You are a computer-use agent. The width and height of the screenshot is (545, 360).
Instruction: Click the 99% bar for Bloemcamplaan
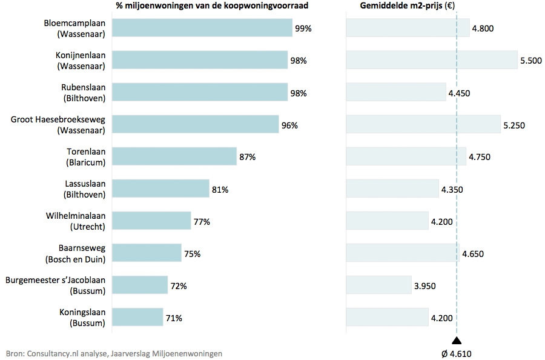coord(202,28)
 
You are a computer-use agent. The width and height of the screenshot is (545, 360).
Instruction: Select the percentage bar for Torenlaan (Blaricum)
coord(174,156)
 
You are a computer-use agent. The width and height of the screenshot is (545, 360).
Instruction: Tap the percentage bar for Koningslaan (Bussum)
coord(137,317)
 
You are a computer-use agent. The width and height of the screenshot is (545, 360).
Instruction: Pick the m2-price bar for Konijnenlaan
coord(431,60)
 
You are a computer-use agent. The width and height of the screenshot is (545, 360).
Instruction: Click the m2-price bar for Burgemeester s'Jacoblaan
coord(378,285)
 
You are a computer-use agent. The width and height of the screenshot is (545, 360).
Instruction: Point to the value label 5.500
coord(530,61)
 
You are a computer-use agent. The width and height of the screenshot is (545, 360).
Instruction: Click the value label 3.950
coord(424,285)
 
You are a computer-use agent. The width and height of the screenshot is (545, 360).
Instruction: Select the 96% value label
coord(289,125)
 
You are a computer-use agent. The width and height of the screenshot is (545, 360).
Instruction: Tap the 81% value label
coord(220,189)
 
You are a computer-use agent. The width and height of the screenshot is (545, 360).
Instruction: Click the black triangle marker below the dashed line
coord(457,341)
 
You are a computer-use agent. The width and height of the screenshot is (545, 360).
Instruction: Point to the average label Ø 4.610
coord(457,353)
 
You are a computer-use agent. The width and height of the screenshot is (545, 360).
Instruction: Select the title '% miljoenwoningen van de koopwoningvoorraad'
coord(212,6)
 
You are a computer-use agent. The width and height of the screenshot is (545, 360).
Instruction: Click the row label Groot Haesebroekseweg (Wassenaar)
coord(58,124)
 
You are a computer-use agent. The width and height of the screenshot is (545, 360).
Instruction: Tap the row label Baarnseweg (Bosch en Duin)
coord(76,253)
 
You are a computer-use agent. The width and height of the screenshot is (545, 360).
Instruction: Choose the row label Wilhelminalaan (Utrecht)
coord(76,221)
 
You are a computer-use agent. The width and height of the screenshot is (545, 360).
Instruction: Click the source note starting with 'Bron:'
coord(114,353)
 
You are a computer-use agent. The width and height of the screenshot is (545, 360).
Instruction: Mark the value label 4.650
coord(473,253)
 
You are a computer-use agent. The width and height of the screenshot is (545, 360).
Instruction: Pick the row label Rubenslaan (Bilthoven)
coord(84,92)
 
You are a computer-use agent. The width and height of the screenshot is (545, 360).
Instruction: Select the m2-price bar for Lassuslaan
coord(392,188)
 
